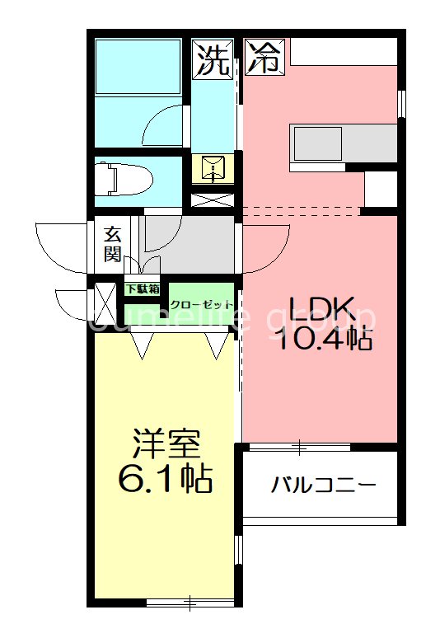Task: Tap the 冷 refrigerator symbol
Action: tap(264, 59)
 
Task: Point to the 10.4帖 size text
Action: tap(323, 340)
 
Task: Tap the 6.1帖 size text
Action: tap(166, 478)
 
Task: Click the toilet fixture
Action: tap(122, 178)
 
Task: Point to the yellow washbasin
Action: tap(213, 169)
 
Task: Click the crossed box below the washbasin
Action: tap(213, 199)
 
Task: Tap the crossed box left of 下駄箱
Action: tap(105, 303)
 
